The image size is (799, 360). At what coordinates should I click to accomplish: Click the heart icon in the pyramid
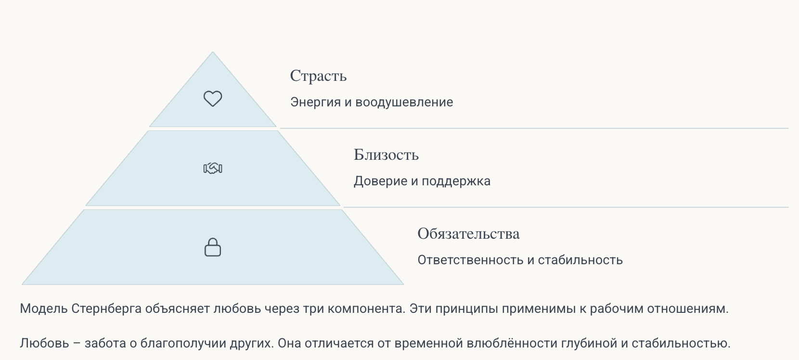coord(213,99)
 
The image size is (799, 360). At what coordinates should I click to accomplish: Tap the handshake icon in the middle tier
coord(213,168)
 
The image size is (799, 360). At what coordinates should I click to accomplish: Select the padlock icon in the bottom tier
coord(213,247)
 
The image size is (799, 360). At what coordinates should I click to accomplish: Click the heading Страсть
coord(318,76)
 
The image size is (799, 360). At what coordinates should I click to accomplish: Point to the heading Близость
coord(386,155)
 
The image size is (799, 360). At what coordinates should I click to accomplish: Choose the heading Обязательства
coord(468,234)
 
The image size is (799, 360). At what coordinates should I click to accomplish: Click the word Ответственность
coord(470,260)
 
